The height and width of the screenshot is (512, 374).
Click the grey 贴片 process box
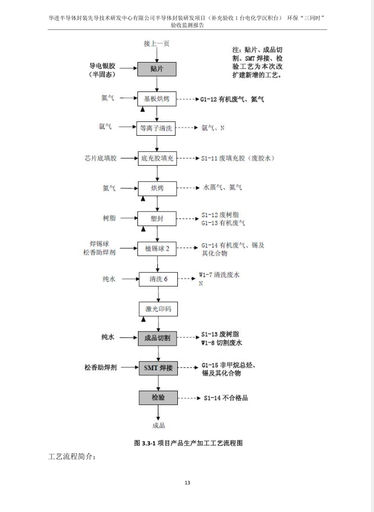(x=157, y=69)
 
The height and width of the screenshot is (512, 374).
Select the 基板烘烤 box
(x=157, y=99)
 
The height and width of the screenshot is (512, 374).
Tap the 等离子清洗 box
(x=156, y=129)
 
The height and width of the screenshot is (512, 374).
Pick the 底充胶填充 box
(x=157, y=158)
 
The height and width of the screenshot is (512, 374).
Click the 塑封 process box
(x=157, y=218)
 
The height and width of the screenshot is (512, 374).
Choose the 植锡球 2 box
(x=157, y=248)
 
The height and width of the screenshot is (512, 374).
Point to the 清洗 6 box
(x=158, y=279)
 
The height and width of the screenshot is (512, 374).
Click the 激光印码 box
(x=158, y=309)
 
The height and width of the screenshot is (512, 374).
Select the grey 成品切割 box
(x=157, y=338)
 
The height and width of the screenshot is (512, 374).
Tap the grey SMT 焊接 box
(x=158, y=368)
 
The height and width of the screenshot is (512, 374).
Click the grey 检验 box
(x=158, y=397)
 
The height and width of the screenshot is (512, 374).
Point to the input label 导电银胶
(x=103, y=66)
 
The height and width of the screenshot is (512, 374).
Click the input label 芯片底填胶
(x=101, y=158)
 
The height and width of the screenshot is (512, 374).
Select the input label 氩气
(x=105, y=126)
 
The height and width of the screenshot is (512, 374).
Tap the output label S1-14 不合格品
(x=226, y=398)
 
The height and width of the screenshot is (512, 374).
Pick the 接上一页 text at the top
(x=157, y=43)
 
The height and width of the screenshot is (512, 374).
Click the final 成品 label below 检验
(x=158, y=426)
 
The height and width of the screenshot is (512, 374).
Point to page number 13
(x=187, y=483)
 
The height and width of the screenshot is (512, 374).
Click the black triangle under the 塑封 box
(x=143, y=229)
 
